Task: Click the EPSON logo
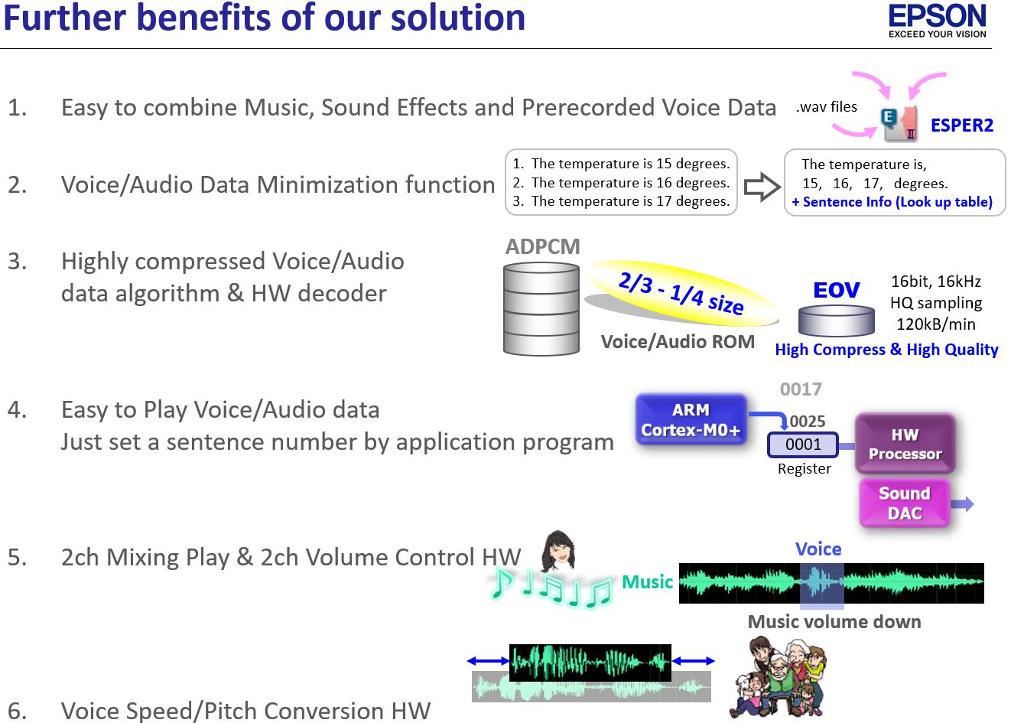(x=938, y=21)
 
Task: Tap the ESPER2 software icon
(x=899, y=124)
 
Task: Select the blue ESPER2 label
(x=962, y=125)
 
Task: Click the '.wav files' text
(x=827, y=106)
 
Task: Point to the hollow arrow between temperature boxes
(x=762, y=187)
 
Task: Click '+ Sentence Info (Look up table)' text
(x=892, y=202)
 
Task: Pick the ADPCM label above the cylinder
(x=542, y=246)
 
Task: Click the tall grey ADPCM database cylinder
(x=541, y=309)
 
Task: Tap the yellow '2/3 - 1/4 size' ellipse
(x=681, y=292)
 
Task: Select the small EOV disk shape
(x=837, y=320)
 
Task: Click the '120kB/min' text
(x=935, y=324)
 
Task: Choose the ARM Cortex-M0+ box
(x=691, y=419)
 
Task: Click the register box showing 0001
(x=803, y=445)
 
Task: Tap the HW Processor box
(x=905, y=444)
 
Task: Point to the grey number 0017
(x=801, y=389)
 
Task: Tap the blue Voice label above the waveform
(x=818, y=549)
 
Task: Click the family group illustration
(x=779, y=677)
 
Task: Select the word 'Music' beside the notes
(x=647, y=582)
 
